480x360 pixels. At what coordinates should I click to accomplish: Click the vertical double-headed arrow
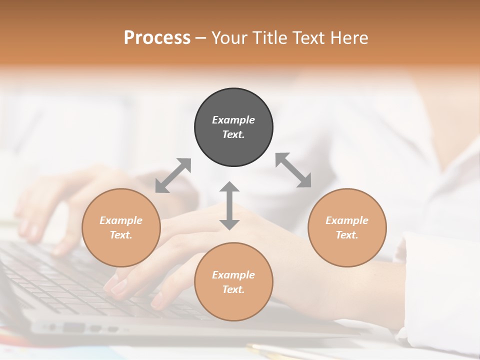[x=229, y=205]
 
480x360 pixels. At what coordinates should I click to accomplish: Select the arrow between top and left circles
[x=173, y=175]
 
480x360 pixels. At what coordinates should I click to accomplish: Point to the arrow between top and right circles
[x=293, y=170]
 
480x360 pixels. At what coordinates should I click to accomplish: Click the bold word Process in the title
[x=157, y=37]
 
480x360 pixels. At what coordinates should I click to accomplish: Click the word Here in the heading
[x=349, y=37]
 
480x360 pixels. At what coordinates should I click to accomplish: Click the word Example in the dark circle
[x=233, y=120]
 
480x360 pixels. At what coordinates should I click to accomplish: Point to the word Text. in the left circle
[x=121, y=235]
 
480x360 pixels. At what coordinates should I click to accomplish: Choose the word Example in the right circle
[x=347, y=220]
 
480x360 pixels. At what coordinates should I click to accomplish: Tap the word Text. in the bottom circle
[x=233, y=289]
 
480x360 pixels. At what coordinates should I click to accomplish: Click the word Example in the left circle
[x=121, y=220]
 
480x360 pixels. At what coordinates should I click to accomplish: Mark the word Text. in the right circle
[x=347, y=235]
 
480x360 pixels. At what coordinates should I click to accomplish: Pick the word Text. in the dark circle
[x=233, y=134]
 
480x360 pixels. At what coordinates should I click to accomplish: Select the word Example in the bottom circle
[x=233, y=275]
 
